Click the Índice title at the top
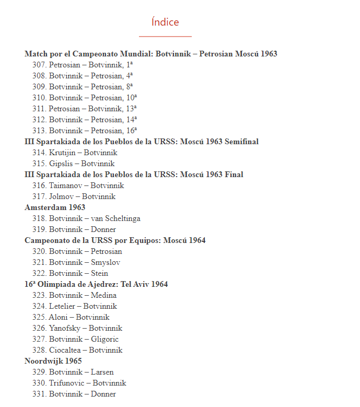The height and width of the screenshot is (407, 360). [165, 22]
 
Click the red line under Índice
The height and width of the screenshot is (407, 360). [165, 37]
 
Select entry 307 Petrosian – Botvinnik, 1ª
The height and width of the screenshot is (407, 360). [83, 65]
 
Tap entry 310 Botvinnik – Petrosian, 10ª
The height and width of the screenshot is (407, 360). [85, 98]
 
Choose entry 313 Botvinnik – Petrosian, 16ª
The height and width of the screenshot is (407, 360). [85, 131]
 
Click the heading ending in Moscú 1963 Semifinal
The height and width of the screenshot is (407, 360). [142, 142]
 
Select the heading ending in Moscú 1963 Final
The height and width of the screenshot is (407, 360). [134, 175]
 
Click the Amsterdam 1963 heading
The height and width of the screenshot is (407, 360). [55, 207]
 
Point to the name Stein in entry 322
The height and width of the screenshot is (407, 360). [99, 273]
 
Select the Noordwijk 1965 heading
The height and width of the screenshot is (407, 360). [53, 361]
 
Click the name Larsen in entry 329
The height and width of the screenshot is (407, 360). [102, 372]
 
